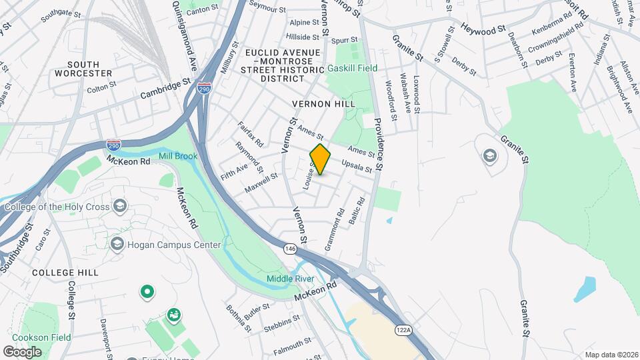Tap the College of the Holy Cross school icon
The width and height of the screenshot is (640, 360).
[x=120, y=205]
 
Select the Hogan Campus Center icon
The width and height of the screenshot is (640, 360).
[x=117, y=244]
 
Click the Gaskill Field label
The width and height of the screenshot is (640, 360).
[x=352, y=68]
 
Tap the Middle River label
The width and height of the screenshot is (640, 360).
[x=290, y=278]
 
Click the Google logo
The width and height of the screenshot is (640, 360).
[x=23, y=351]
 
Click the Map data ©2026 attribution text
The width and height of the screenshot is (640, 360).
[x=611, y=355]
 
